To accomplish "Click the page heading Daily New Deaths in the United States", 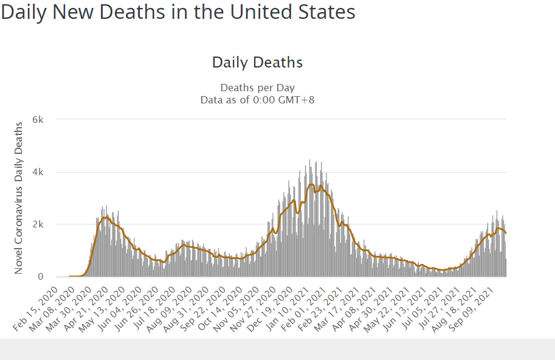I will [178, 12].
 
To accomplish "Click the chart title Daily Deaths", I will [257, 62].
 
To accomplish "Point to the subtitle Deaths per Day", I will [257, 88].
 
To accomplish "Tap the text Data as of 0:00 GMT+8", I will [257, 99].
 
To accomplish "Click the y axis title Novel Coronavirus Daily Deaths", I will [19, 198].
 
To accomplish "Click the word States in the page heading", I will [328, 12].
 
